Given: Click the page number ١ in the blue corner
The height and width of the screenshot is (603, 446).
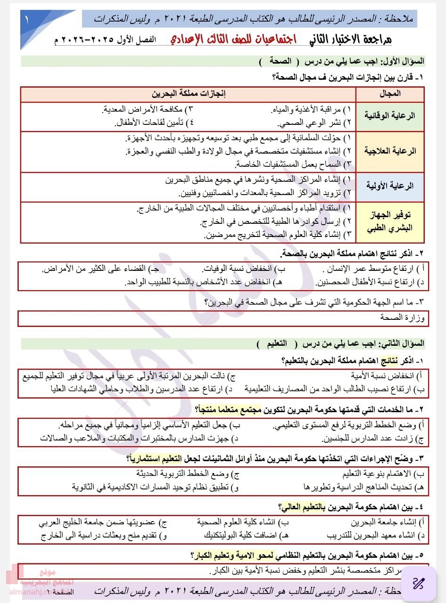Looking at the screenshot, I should (27, 21).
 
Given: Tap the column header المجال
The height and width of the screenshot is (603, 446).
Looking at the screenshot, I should (390, 94).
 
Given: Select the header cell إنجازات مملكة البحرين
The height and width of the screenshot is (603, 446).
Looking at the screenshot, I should (188, 94).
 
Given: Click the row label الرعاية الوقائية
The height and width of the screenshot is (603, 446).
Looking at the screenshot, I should (390, 115).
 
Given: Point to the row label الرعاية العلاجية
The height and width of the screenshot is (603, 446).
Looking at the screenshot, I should (390, 151).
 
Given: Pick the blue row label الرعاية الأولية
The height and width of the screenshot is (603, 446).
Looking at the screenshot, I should (390, 186).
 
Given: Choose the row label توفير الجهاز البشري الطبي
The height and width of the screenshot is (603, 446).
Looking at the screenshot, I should (390, 221).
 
